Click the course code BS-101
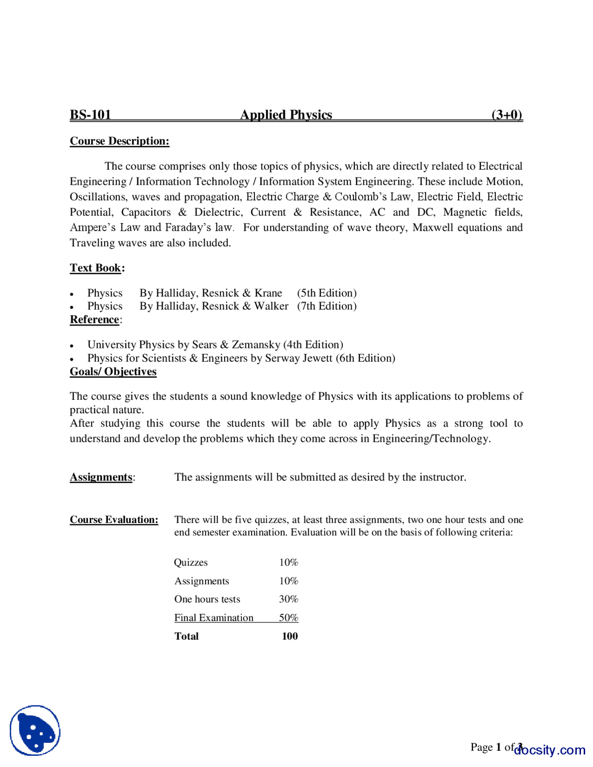pyautogui.click(x=90, y=114)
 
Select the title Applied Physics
pyautogui.click(x=286, y=114)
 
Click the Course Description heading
pyautogui.click(x=120, y=141)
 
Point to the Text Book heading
pyautogui.click(x=95, y=268)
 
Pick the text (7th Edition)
pyautogui.click(x=327, y=306)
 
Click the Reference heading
pyautogui.click(x=95, y=320)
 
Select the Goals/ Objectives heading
pyautogui.click(x=113, y=371)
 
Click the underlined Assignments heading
pyautogui.click(x=101, y=477)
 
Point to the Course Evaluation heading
pyautogui.click(x=114, y=520)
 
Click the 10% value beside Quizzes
pyautogui.click(x=288, y=562)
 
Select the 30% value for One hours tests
pyautogui.click(x=288, y=599)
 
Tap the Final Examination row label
pyautogui.click(x=214, y=617)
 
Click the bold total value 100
pyautogui.click(x=290, y=636)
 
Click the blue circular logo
pyautogui.click(x=35, y=730)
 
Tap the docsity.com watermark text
pyautogui.click(x=549, y=750)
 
